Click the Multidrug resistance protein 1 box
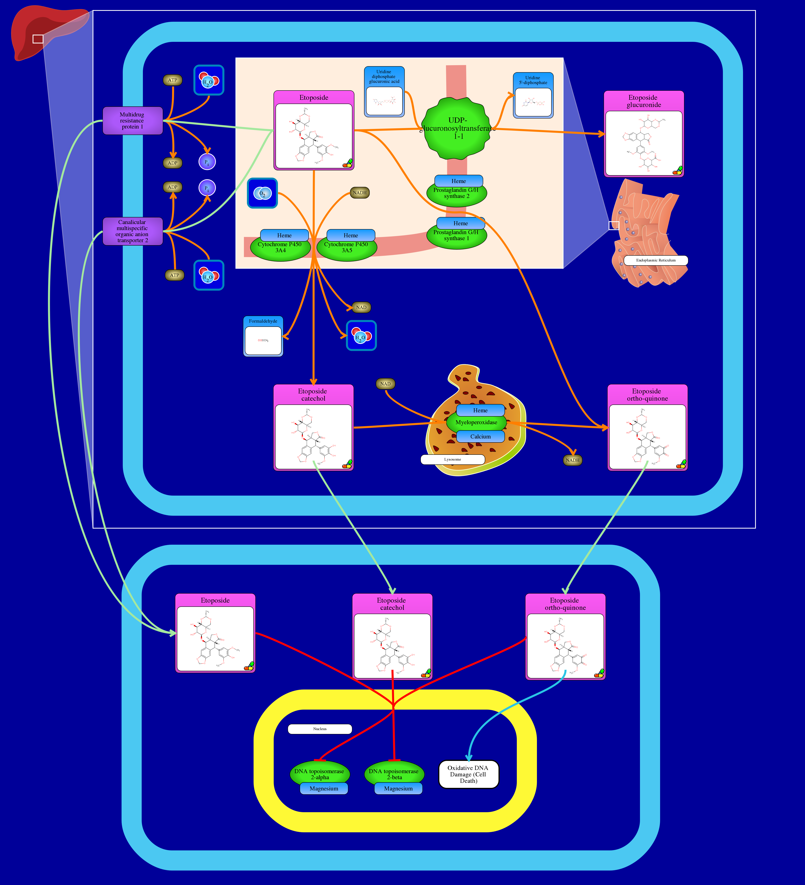point(132,121)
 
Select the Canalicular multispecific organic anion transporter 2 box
point(132,231)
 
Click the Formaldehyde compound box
point(263,336)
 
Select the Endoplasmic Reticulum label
point(656,260)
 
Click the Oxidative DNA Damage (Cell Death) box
point(469,774)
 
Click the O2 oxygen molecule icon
point(262,193)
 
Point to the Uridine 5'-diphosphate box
point(533,96)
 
